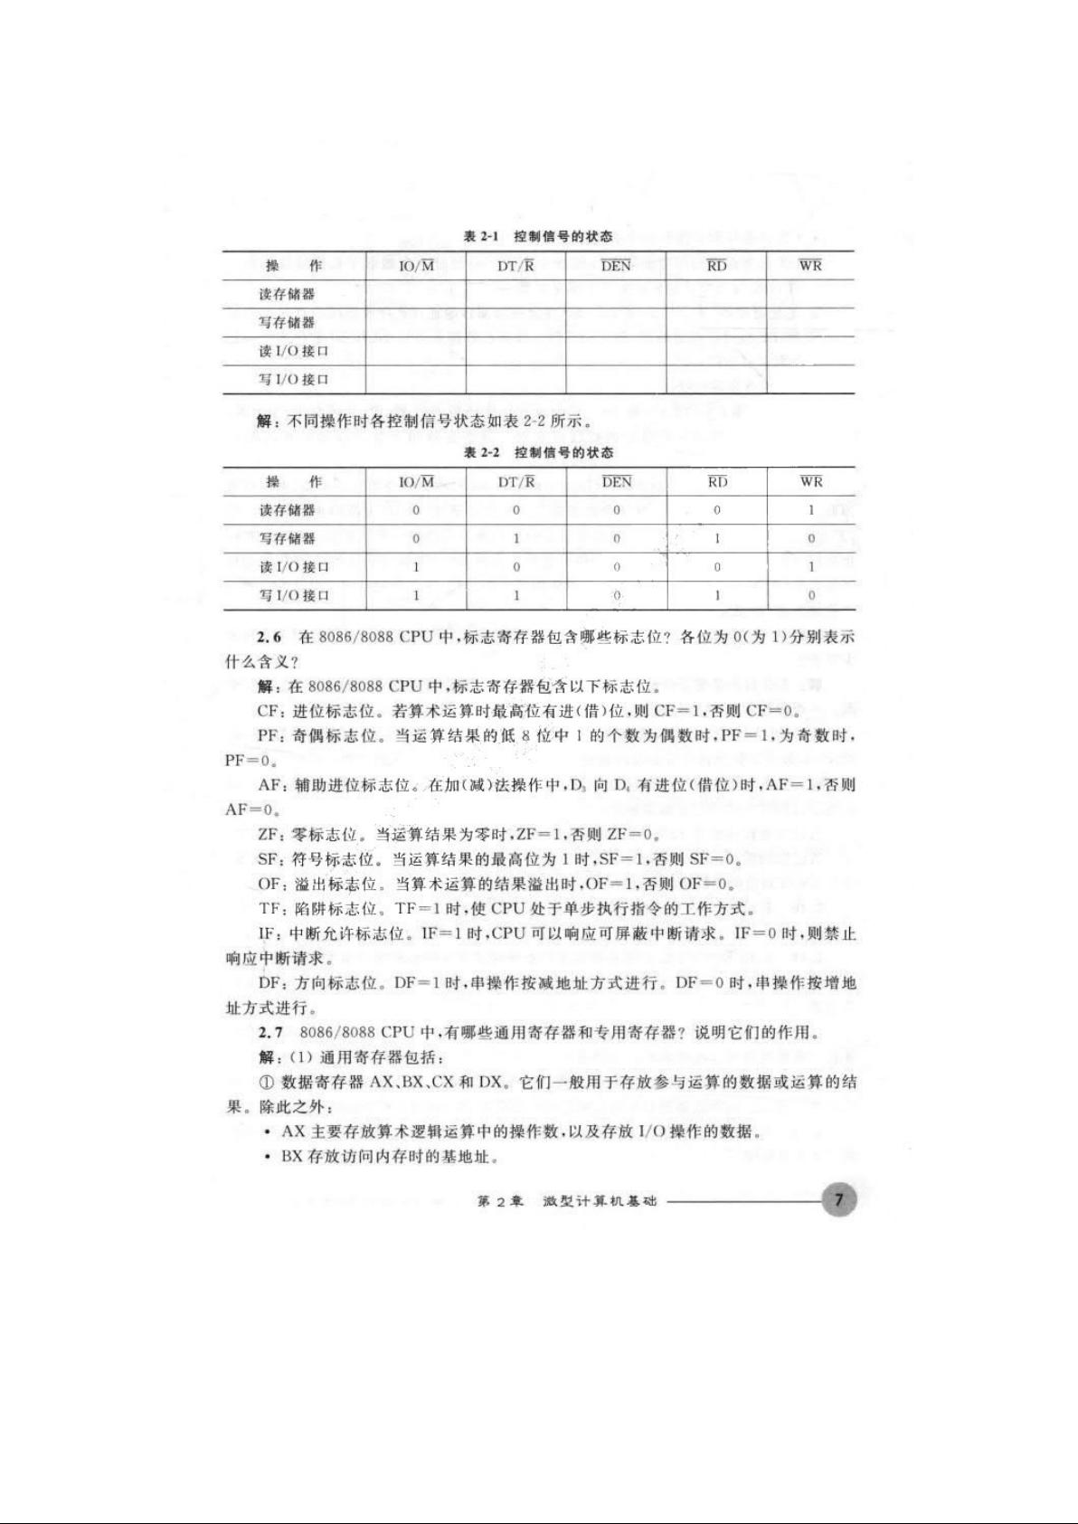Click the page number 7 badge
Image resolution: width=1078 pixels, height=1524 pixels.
coord(838,1200)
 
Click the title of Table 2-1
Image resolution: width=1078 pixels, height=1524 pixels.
coord(538,236)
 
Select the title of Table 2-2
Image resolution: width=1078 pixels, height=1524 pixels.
coord(538,452)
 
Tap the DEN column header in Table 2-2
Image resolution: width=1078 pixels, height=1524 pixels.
coord(616,482)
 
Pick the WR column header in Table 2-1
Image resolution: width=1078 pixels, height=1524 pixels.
coord(810,265)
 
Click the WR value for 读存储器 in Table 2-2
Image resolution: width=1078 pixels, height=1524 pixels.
coord(811,510)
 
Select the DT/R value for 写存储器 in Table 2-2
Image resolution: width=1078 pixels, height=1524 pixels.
coord(516,538)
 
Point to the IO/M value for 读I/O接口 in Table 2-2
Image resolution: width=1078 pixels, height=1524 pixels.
coord(416,567)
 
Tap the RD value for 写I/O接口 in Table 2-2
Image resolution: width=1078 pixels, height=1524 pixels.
coord(717,595)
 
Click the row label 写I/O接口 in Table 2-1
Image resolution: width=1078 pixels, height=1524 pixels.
coord(293,379)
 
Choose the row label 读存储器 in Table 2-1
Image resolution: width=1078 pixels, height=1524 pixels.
coord(287,294)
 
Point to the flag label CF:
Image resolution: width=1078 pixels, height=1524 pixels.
coord(270,711)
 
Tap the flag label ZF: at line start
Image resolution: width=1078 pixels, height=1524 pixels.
coord(269,834)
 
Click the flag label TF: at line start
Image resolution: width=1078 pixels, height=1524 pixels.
coord(269,908)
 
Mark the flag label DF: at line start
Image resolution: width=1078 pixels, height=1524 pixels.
coord(270,982)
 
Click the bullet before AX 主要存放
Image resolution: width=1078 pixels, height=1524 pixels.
coord(268,1132)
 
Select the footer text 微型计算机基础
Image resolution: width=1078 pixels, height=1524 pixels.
coord(600,1202)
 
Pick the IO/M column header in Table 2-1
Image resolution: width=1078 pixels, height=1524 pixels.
coord(416,265)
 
